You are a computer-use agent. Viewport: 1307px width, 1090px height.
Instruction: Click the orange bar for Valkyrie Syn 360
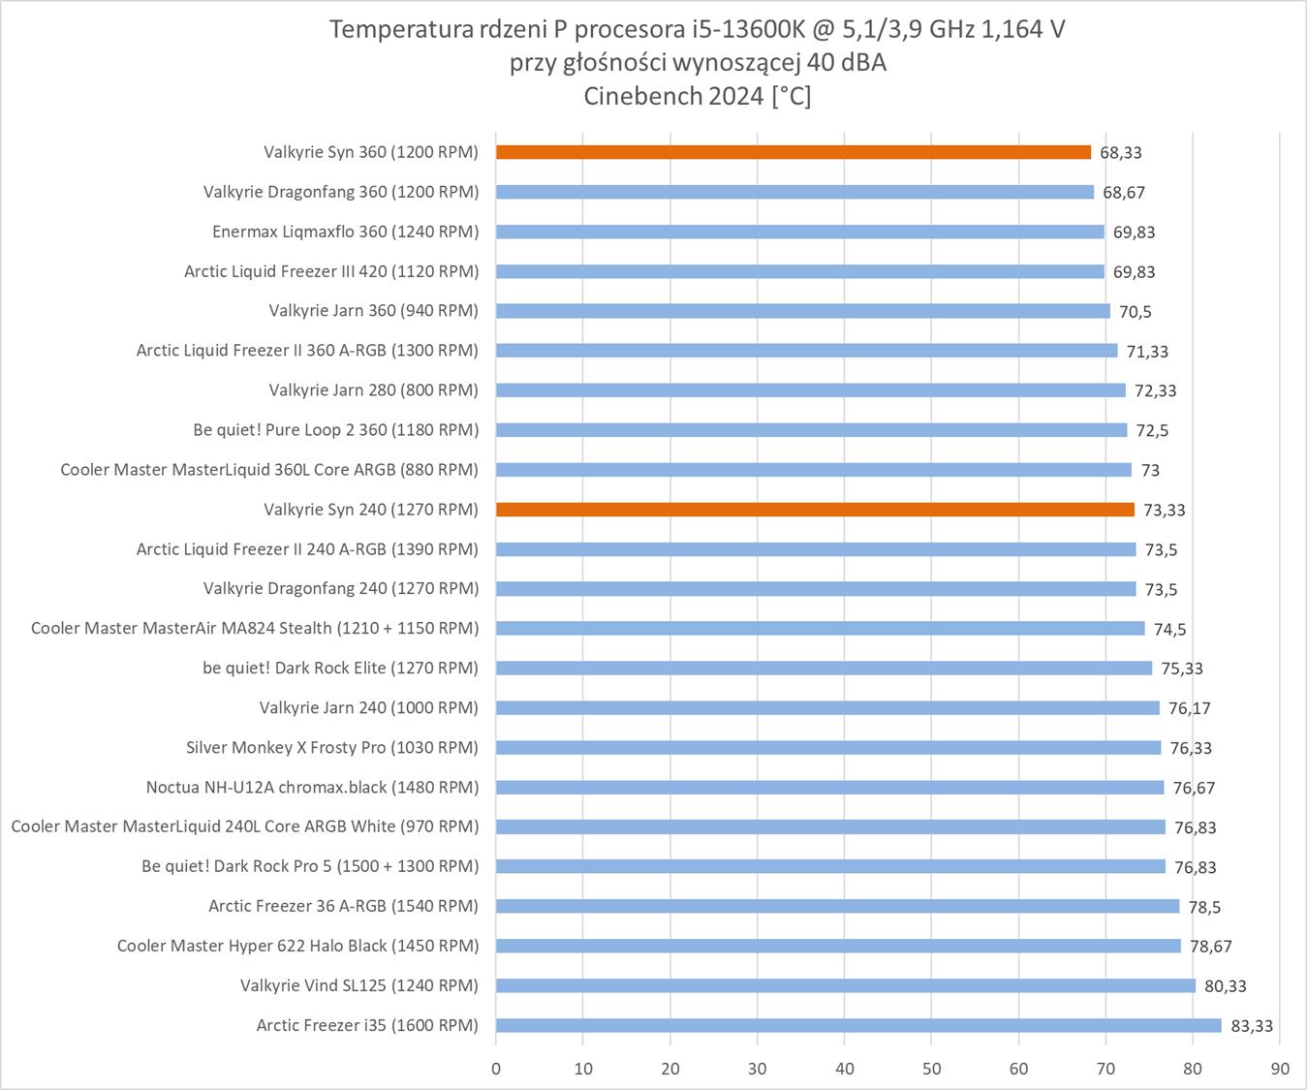click(793, 152)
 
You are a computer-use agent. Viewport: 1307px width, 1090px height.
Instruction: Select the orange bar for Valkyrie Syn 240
click(815, 510)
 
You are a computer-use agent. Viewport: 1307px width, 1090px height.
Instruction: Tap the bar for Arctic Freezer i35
click(858, 1025)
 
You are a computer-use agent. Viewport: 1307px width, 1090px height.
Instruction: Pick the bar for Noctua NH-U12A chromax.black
click(829, 788)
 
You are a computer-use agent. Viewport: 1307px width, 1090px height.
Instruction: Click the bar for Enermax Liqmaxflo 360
click(799, 232)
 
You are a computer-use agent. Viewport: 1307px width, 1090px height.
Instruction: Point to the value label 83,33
click(1252, 1026)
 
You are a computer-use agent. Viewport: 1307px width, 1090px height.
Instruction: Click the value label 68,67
click(1124, 193)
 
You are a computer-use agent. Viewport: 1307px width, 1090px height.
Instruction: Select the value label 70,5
click(1136, 312)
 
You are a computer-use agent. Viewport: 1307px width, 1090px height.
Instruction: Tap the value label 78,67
click(1211, 947)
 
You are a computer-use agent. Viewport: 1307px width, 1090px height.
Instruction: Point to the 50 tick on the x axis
click(931, 1069)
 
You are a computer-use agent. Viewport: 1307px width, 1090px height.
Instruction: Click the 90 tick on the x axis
click(1280, 1069)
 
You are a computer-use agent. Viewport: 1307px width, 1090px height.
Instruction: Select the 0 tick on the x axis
click(496, 1069)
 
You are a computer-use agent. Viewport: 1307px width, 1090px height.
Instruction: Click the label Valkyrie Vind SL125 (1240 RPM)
click(358, 985)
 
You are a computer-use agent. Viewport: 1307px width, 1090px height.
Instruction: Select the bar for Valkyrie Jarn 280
click(810, 390)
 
